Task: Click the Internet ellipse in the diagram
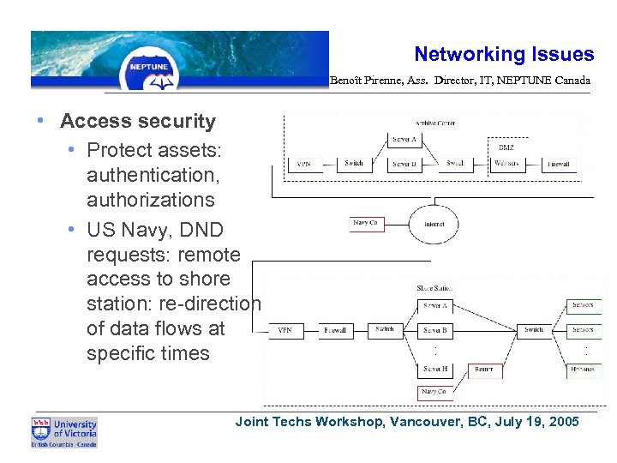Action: [434, 225]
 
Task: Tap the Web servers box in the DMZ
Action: [507, 163]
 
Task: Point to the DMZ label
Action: [506, 147]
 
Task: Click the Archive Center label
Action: [434, 123]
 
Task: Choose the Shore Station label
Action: [434, 289]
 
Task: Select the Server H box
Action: [435, 370]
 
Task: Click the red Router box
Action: [483, 370]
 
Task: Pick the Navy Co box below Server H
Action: [434, 392]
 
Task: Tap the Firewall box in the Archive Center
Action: [560, 163]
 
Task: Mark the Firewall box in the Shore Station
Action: [336, 330]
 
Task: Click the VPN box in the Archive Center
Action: [304, 163]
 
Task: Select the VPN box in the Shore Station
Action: [285, 330]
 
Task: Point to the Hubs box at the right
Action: [582, 370]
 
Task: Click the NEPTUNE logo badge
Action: [149, 67]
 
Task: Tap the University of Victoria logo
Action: [64, 432]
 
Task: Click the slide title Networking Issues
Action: [504, 55]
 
